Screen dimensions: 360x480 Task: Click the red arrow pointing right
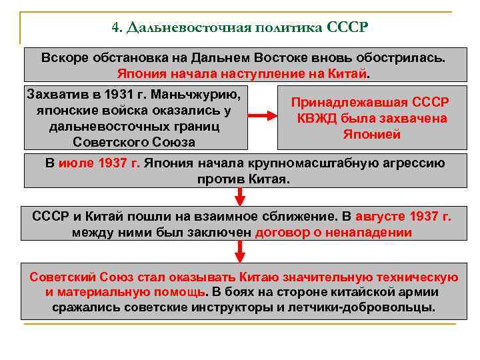click(262, 116)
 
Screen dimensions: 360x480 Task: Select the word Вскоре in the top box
click(65, 57)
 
